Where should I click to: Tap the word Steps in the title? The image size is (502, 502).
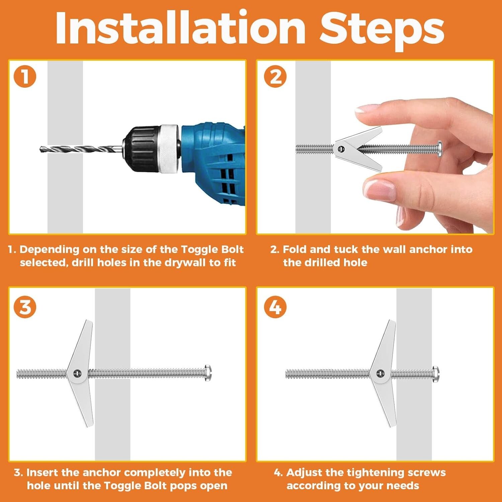coord(382,31)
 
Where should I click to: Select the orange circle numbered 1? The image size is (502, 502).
coord(25,76)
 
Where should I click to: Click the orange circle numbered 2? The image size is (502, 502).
coord(275,76)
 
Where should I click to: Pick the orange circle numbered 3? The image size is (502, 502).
coord(25,307)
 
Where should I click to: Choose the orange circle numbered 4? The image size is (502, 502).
coord(275,307)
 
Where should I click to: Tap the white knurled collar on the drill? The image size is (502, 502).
coord(169,149)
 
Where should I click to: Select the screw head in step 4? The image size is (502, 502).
coord(435,373)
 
